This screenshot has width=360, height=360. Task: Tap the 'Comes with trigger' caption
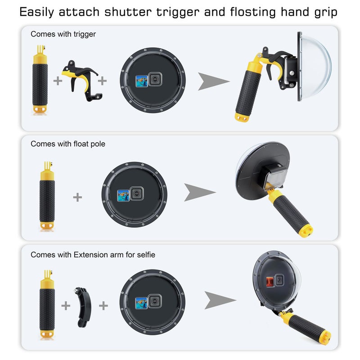coord(63,34)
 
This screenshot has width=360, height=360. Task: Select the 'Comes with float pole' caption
coord(68,144)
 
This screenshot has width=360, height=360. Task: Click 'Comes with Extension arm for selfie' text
coord(93,255)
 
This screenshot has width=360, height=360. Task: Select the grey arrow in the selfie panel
coord(220,300)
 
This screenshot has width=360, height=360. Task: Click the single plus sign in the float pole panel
coord(77,197)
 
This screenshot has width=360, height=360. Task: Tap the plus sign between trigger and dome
coord(103,81)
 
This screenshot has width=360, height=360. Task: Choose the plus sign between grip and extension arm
coord(66,306)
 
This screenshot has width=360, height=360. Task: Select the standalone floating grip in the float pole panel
coord(47,197)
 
